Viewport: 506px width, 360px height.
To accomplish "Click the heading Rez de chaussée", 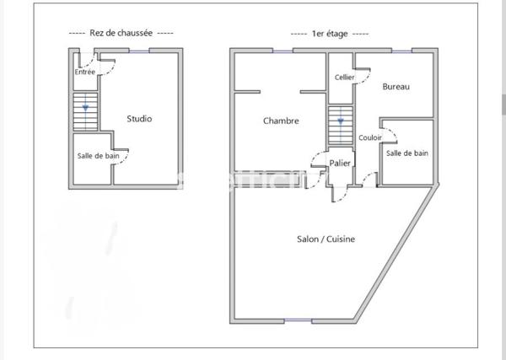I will point(120,33).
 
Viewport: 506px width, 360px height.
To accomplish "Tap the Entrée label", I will point(84,73).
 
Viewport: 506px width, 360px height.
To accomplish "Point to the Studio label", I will point(139,119).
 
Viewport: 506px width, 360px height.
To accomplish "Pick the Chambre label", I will point(281,121).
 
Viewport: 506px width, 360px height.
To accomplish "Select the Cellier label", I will point(344,78).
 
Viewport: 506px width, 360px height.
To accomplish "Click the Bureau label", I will point(396,87).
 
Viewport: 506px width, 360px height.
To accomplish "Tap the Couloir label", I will point(369,137).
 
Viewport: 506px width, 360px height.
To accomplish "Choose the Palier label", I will point(341,163).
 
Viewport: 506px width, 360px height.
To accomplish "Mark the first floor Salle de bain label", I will point(407,153).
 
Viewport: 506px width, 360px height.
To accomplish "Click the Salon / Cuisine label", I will point(326,239).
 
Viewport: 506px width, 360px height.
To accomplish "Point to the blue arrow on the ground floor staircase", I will point(85,108).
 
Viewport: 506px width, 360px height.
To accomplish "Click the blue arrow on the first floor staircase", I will point(341,121).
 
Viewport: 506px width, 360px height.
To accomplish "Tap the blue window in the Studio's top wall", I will point(137,51).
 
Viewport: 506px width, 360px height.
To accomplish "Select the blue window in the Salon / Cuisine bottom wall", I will point(298,322).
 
